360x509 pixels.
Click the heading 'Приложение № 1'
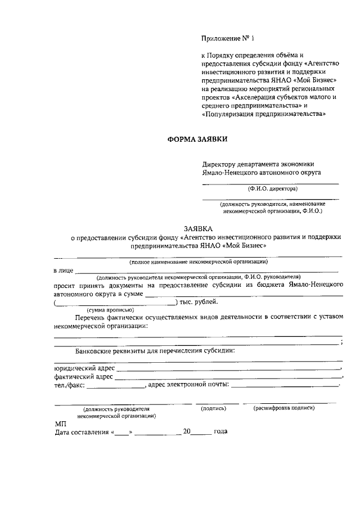point(228,39)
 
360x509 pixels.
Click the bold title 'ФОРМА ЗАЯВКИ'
point(197,139)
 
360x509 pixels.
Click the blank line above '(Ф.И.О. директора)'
point(271,183)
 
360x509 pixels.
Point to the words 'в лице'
point(63,271)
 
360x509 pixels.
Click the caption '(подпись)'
point(213,408)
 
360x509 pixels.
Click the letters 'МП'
point(60,424)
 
